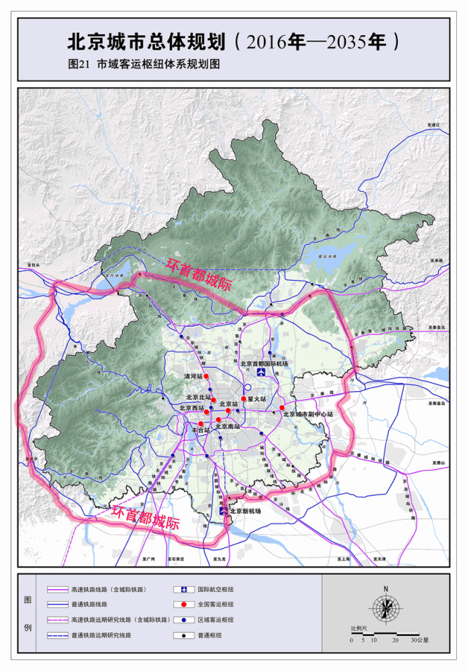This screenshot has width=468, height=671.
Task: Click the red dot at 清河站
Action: click(207, 376)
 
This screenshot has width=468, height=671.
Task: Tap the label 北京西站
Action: click(192, 408)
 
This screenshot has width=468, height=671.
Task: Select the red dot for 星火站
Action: click(244, 399)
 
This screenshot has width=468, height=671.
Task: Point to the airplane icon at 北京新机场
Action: click(224, 511)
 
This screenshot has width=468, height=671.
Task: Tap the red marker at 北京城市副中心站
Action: click(282, 408)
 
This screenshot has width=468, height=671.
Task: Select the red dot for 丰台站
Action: click(201, 423)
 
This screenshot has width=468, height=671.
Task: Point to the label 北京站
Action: click(229, 403)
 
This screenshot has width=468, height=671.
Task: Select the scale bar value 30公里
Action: click(420, 640)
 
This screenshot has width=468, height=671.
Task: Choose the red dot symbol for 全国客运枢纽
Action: click(178, 604)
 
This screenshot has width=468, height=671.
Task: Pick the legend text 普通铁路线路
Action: click(91, 604)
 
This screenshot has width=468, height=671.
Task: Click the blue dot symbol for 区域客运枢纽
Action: click(178, 620)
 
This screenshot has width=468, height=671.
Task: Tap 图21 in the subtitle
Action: click(78, 64)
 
